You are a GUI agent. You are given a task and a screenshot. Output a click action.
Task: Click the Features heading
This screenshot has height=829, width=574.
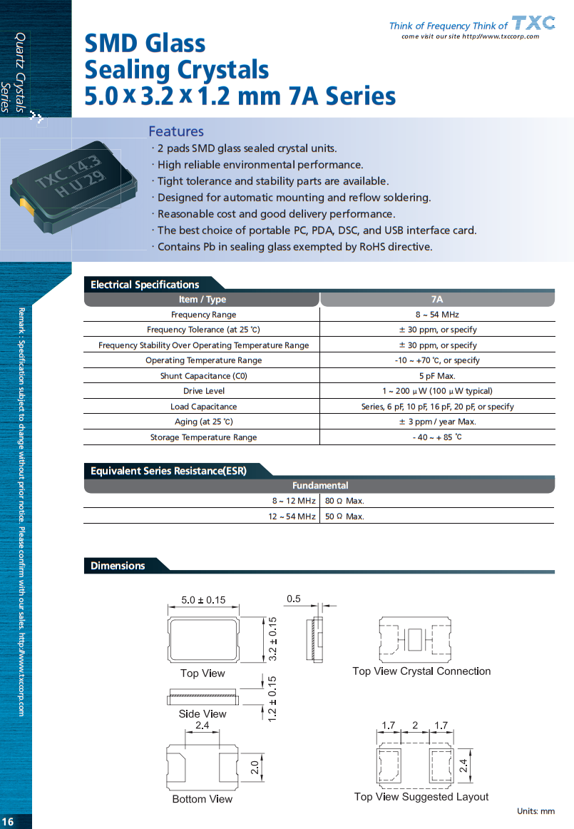[x=176, y=131]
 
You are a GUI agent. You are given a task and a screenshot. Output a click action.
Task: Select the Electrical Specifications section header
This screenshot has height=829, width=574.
[x=145, y=285]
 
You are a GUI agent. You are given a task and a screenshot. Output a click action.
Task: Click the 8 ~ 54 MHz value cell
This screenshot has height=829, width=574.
[x=437, y=315]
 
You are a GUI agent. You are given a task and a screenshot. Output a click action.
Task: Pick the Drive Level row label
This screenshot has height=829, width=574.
[x=203, y=391]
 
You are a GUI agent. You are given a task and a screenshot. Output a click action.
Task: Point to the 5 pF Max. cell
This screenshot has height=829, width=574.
[x=437, y=376]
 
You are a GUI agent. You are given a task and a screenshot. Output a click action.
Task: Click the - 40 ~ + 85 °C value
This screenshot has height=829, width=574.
[x=437, y=437]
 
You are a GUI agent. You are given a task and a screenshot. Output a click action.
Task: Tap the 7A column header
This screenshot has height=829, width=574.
[x=437, y=300]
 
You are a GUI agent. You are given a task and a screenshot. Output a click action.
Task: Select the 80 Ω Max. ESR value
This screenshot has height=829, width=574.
[x=344, y=501]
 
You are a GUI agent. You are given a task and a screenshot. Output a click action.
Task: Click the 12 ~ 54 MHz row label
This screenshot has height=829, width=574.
[x=292, y=517]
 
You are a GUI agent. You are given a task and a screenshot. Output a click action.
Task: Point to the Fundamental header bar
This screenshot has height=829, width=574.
[x=319, y=486]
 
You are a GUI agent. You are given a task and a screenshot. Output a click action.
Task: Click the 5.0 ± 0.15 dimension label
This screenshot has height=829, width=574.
[x=203, y=600]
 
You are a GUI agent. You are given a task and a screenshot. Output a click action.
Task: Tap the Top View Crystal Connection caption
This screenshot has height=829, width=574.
[x=421, y=671]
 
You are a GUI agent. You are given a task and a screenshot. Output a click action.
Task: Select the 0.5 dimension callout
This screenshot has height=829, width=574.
[x=293, y=599]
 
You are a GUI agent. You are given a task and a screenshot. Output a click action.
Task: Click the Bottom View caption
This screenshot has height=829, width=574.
[x=203, y=799]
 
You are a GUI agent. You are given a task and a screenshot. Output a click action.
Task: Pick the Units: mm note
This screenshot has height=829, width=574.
[x=535, y=811]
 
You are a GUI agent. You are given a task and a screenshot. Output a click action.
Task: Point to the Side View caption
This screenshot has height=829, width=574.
[x=203, y=714]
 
